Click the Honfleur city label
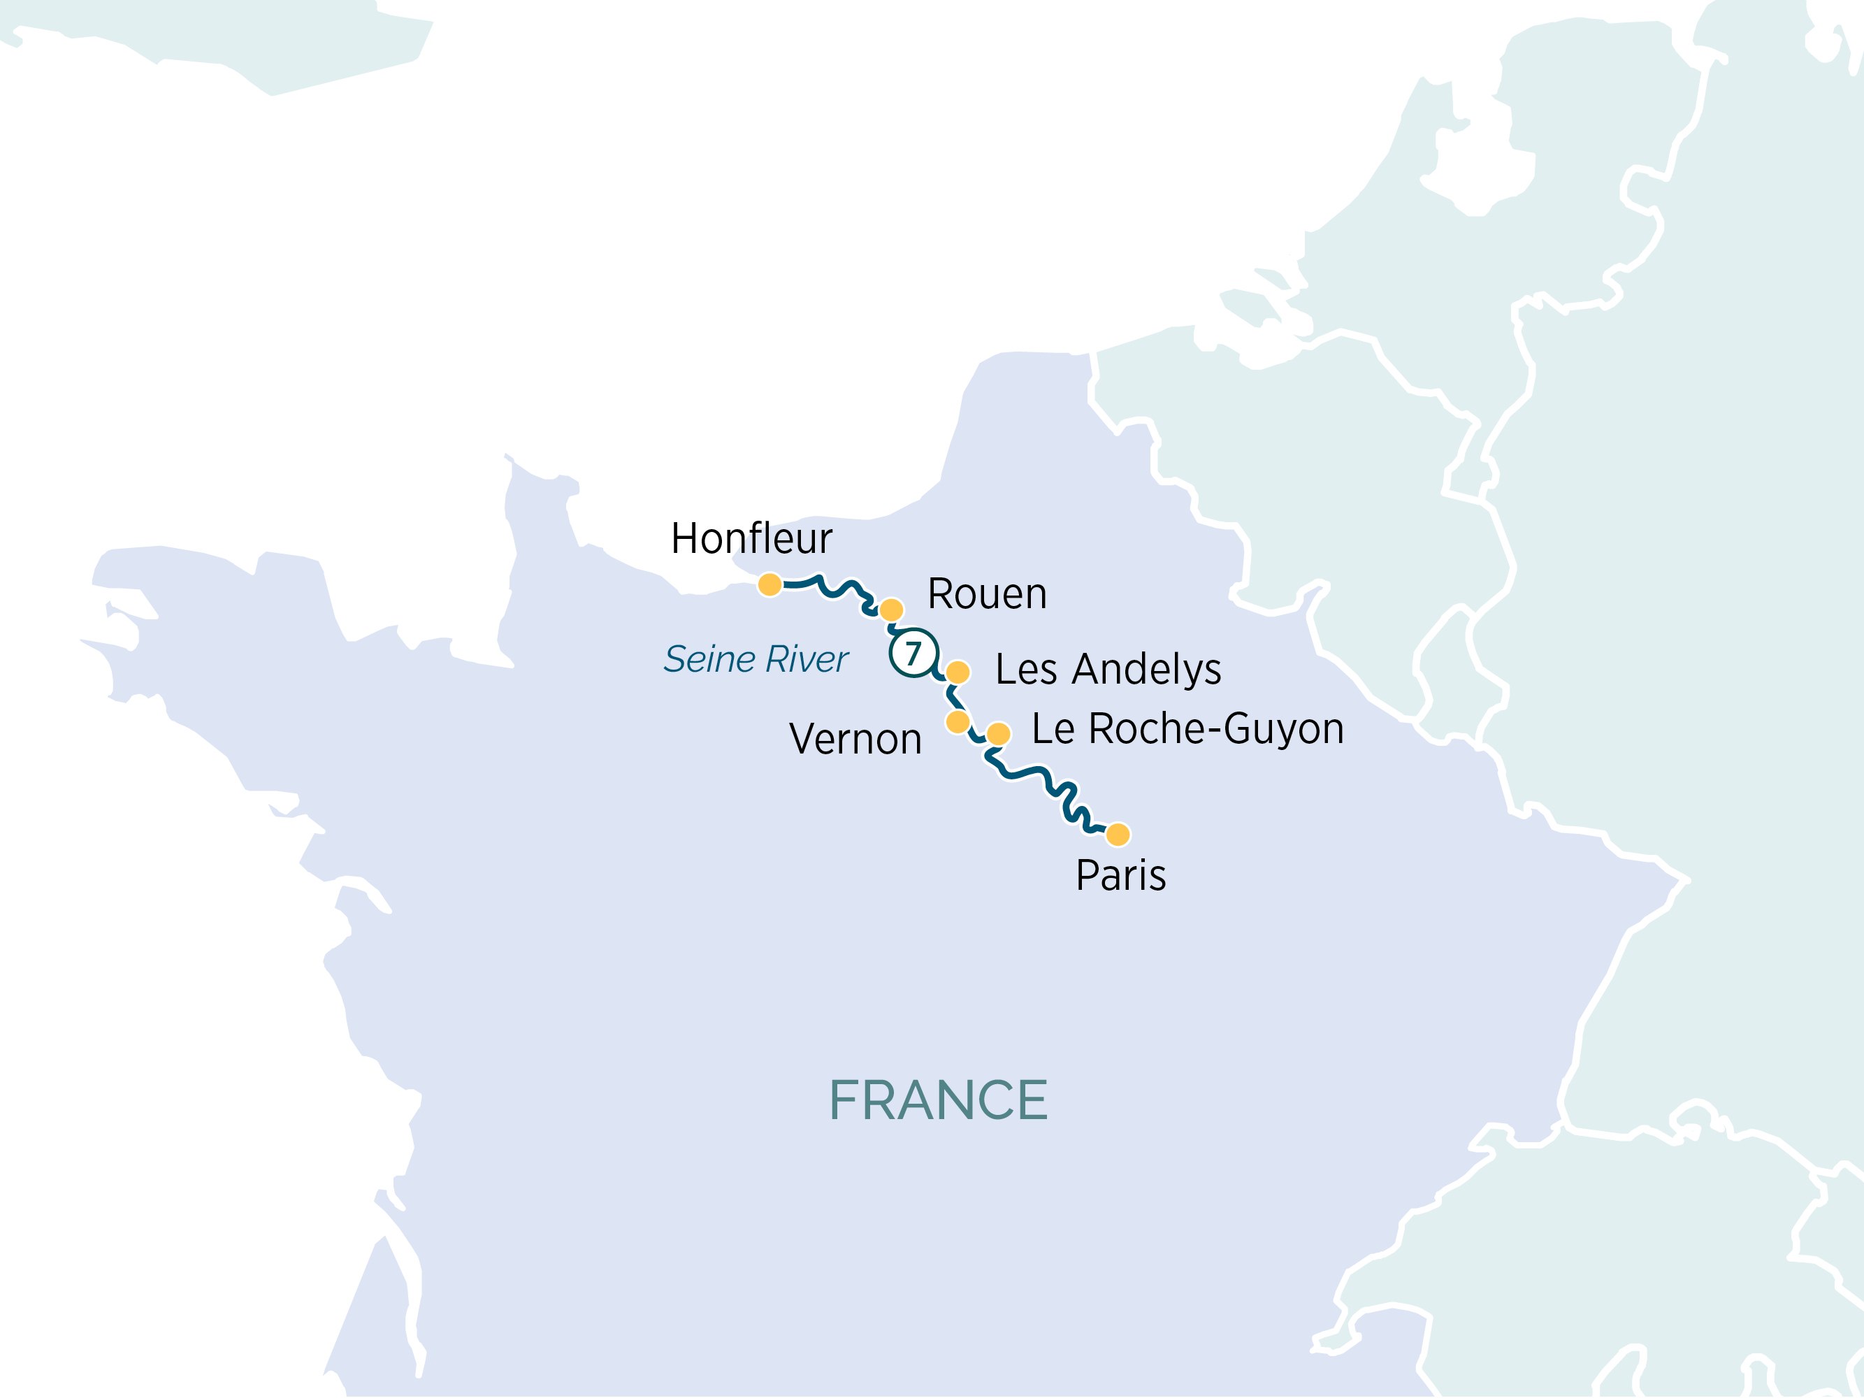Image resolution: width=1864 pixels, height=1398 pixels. click(751, 538)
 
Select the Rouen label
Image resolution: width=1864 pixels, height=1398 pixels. click(987, 594)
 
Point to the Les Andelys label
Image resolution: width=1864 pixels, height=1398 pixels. click(1107, 670)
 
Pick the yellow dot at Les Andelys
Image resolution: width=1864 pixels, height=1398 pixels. click(958, 672)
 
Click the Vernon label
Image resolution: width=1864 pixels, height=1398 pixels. click(855, 739)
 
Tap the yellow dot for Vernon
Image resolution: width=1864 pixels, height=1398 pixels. click(958, 721)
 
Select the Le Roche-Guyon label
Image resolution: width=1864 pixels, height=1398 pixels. click(1187, 729)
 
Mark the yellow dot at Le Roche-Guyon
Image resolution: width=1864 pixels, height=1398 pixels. click(998, 733)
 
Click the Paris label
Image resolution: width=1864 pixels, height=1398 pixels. click(1121, 876)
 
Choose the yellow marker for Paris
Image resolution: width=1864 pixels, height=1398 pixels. click(1118, 834)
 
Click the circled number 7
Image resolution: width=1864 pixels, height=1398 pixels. click(913, 653)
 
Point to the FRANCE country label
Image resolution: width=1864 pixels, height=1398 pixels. click(938, 1100)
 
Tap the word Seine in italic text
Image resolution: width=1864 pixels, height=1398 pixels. click(709, 659)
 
